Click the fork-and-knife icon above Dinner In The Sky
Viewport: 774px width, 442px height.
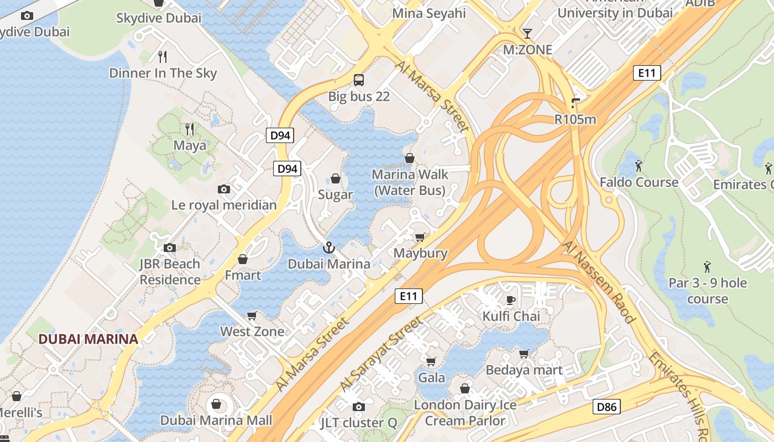coord(163,56)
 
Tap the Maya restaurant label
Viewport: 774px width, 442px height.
coord(190,145)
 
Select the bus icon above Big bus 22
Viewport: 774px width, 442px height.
coord(359,80)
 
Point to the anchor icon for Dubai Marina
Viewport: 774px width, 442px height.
coord(329,247)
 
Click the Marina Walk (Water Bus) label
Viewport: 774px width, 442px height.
coord(409,182)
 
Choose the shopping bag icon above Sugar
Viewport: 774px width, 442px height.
coord(335,178)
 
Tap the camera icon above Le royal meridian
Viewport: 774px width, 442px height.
coord(224,189)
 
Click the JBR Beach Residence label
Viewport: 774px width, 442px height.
coord(170,271)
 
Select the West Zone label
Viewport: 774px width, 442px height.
coord(252,331)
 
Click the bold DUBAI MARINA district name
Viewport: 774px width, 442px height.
coord(88,339)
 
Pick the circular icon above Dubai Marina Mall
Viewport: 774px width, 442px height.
coord(216,404)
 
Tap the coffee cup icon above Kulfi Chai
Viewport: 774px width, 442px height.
coord(511,300)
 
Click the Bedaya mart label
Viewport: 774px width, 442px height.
coord(524,370)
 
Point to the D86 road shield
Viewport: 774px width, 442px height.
coord(606,407)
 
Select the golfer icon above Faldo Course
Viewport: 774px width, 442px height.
coord(639,165)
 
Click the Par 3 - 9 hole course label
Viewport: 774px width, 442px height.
coord(708,291)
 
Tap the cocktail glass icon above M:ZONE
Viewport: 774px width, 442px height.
coord(527,33)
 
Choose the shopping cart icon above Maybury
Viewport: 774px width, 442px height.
coord(420,237)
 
